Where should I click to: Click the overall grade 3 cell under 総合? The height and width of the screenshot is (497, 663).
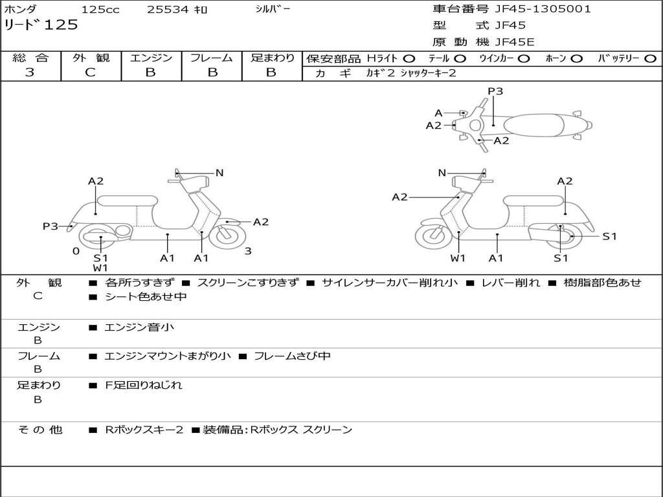click(x=30, y=72)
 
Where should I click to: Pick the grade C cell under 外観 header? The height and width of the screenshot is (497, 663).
click(x=91, y=72)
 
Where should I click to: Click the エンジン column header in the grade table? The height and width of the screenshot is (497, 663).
click(x=151, y=58)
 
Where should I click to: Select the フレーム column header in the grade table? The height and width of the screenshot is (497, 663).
click(x=211, y=58)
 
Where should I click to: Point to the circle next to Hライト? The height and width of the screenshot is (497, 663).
click(x=409, y=59)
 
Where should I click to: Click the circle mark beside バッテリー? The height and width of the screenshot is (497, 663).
click(x=650, y=59)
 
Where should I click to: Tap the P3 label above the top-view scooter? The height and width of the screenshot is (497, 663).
click(x=495, y=91)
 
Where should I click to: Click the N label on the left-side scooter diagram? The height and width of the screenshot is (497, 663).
click(x=219, y=173)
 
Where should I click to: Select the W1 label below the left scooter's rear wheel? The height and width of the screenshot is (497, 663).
click(x=100, y=267)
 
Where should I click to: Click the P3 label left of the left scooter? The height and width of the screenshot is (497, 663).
click(x=51, y=226)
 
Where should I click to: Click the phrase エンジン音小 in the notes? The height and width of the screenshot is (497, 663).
click(x=139, y=327)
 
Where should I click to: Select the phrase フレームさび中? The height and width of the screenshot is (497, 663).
click(x=292, y=356)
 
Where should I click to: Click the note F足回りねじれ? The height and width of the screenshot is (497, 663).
click(x=144, y=385)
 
